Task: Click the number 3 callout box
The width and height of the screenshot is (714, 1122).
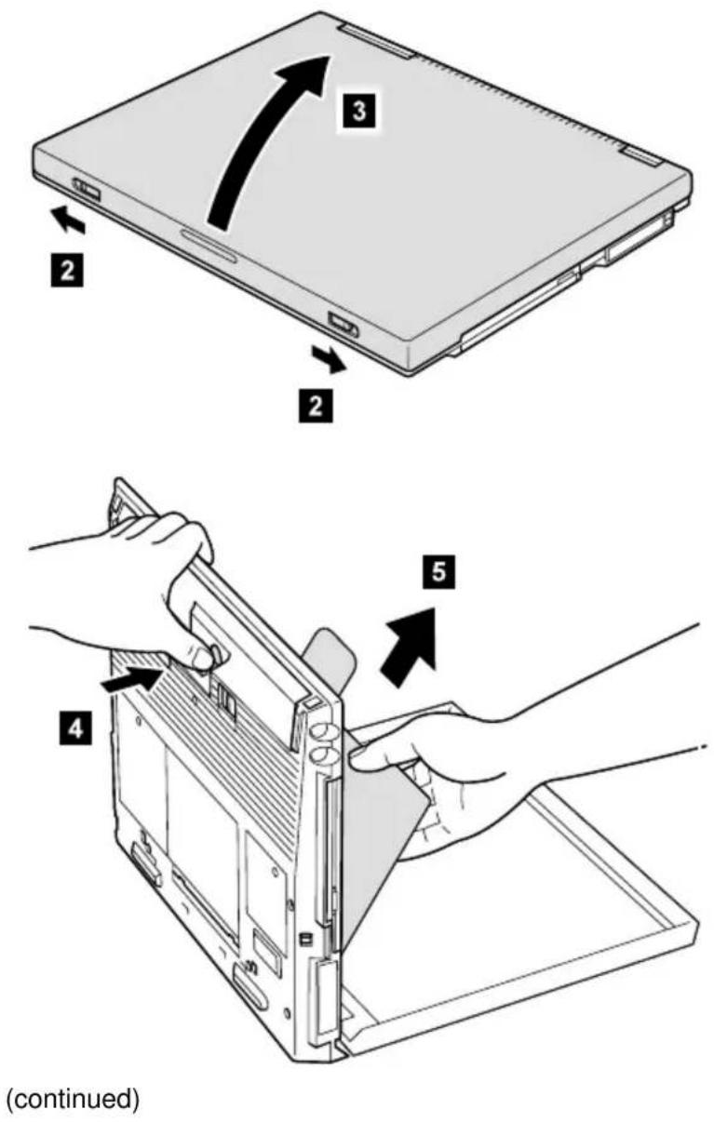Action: coord(358,110)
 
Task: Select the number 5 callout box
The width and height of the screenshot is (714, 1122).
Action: coord(439,572)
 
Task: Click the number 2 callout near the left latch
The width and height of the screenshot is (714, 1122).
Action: coord(67,271)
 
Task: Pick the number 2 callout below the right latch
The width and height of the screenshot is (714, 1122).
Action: coord(316,406)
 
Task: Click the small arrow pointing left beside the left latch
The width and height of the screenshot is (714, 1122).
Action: coord(68,220)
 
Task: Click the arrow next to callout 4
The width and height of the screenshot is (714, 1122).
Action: coord(131,680)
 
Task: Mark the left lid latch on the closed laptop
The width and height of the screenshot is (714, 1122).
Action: coord(87,190)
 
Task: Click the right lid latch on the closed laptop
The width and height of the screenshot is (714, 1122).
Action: coord(344,323)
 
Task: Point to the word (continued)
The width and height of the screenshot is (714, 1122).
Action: coord(73,1099)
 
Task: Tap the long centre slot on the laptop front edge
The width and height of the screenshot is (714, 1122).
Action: coord(209,246)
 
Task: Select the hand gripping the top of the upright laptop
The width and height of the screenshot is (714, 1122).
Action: coord(141,591)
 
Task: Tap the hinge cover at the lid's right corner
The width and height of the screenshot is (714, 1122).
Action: coord(640,157)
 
